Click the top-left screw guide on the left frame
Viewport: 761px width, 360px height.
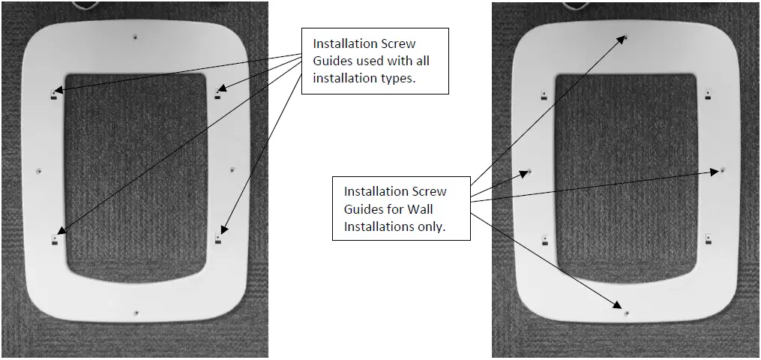(x=54, y=94)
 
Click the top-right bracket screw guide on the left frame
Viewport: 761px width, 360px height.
(x=218, y=93)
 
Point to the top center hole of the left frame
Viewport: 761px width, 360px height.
(x=135, y=35)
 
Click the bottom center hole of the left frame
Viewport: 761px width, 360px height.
(x=136, y=312)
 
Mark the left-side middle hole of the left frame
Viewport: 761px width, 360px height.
(x=39, y=171)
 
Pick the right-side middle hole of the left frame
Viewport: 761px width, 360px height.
(x=232, y=170)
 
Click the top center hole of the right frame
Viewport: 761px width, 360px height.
(x=626, y=36)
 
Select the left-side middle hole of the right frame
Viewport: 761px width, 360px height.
(x=529, y=171)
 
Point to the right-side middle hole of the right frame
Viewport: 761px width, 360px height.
(x=723, y=170)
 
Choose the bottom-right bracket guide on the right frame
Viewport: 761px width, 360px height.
(x=708, y=239)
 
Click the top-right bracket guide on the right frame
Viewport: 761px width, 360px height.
(x=708, y=94)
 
